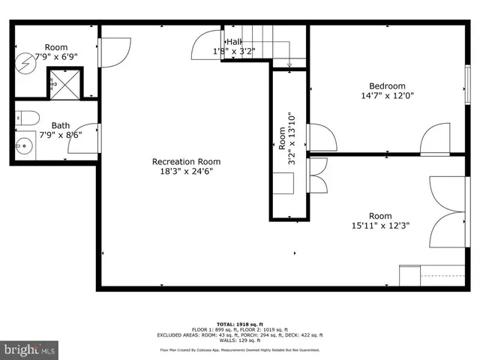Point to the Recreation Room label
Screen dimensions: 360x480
pyautogui.click(x=186, y=161)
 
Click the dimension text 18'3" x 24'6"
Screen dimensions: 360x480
pyautogui.click(x=186, y=171)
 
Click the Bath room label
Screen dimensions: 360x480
pyautogui.click(x=61, y=125)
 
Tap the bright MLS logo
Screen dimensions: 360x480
pyautogui.click(x=30, y=349)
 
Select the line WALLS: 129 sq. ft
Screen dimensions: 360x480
pyautogui.click(x=239, y=340)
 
